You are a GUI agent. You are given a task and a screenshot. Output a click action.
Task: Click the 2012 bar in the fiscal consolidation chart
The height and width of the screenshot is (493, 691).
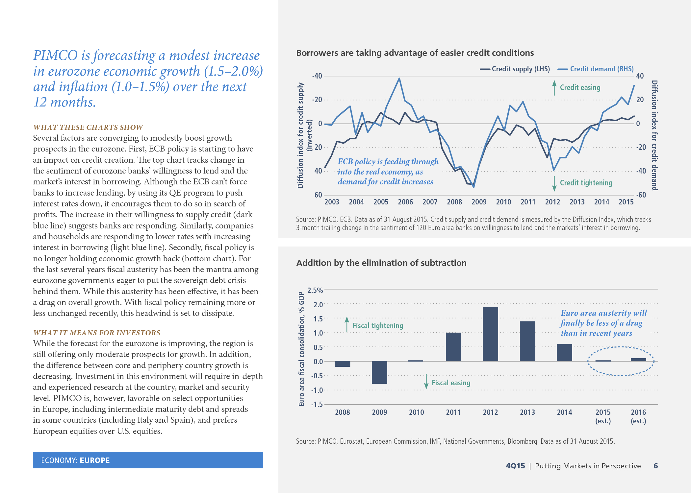tap(490, 334)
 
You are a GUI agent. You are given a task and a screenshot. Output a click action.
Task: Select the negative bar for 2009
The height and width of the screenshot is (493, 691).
tap(379, 372)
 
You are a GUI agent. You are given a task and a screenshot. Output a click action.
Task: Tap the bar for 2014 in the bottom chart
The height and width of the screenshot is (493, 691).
tap(564, 353)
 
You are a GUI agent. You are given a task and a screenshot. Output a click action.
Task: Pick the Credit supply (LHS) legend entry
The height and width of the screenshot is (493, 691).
tap(515, 69)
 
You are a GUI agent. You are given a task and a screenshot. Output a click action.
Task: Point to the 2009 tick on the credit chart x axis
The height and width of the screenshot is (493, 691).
tap(479, 202)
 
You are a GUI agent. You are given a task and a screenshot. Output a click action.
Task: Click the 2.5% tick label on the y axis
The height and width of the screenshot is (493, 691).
tap(315, 290)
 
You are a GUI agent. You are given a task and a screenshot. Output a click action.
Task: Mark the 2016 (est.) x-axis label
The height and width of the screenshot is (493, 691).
tap(638, 416)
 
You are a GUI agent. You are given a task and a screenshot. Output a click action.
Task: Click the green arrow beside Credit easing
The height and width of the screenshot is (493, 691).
tap(554, 88)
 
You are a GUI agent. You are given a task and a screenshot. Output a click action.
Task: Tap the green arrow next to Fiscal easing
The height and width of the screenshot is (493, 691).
tap(426, 381)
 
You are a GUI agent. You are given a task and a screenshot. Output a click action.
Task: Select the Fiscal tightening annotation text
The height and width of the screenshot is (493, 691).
tap(378, 325)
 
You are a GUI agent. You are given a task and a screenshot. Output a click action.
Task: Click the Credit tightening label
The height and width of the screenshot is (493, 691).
tap(586, 183)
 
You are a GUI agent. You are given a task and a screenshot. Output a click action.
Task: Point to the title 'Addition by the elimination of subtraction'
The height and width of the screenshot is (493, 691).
tap(381, 263)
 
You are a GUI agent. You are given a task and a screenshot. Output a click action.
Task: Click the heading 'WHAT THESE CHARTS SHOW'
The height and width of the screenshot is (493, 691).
tap(88, 127)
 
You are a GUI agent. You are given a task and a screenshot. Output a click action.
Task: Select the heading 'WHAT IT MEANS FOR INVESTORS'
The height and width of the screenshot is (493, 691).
tap(97, 333)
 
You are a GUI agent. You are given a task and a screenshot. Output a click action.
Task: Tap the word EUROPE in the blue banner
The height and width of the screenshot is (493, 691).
tap(95, 460)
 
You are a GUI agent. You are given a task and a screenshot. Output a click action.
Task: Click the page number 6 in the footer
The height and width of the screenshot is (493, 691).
tap(655, 466)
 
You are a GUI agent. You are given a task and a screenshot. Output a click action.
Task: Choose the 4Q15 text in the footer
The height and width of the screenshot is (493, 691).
tap(515, 466)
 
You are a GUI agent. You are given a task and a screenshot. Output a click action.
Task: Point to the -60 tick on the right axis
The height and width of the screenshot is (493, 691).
tap(641, 195)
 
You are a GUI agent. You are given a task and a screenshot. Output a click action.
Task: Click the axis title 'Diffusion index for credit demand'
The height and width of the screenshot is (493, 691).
tap(654, 135)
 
